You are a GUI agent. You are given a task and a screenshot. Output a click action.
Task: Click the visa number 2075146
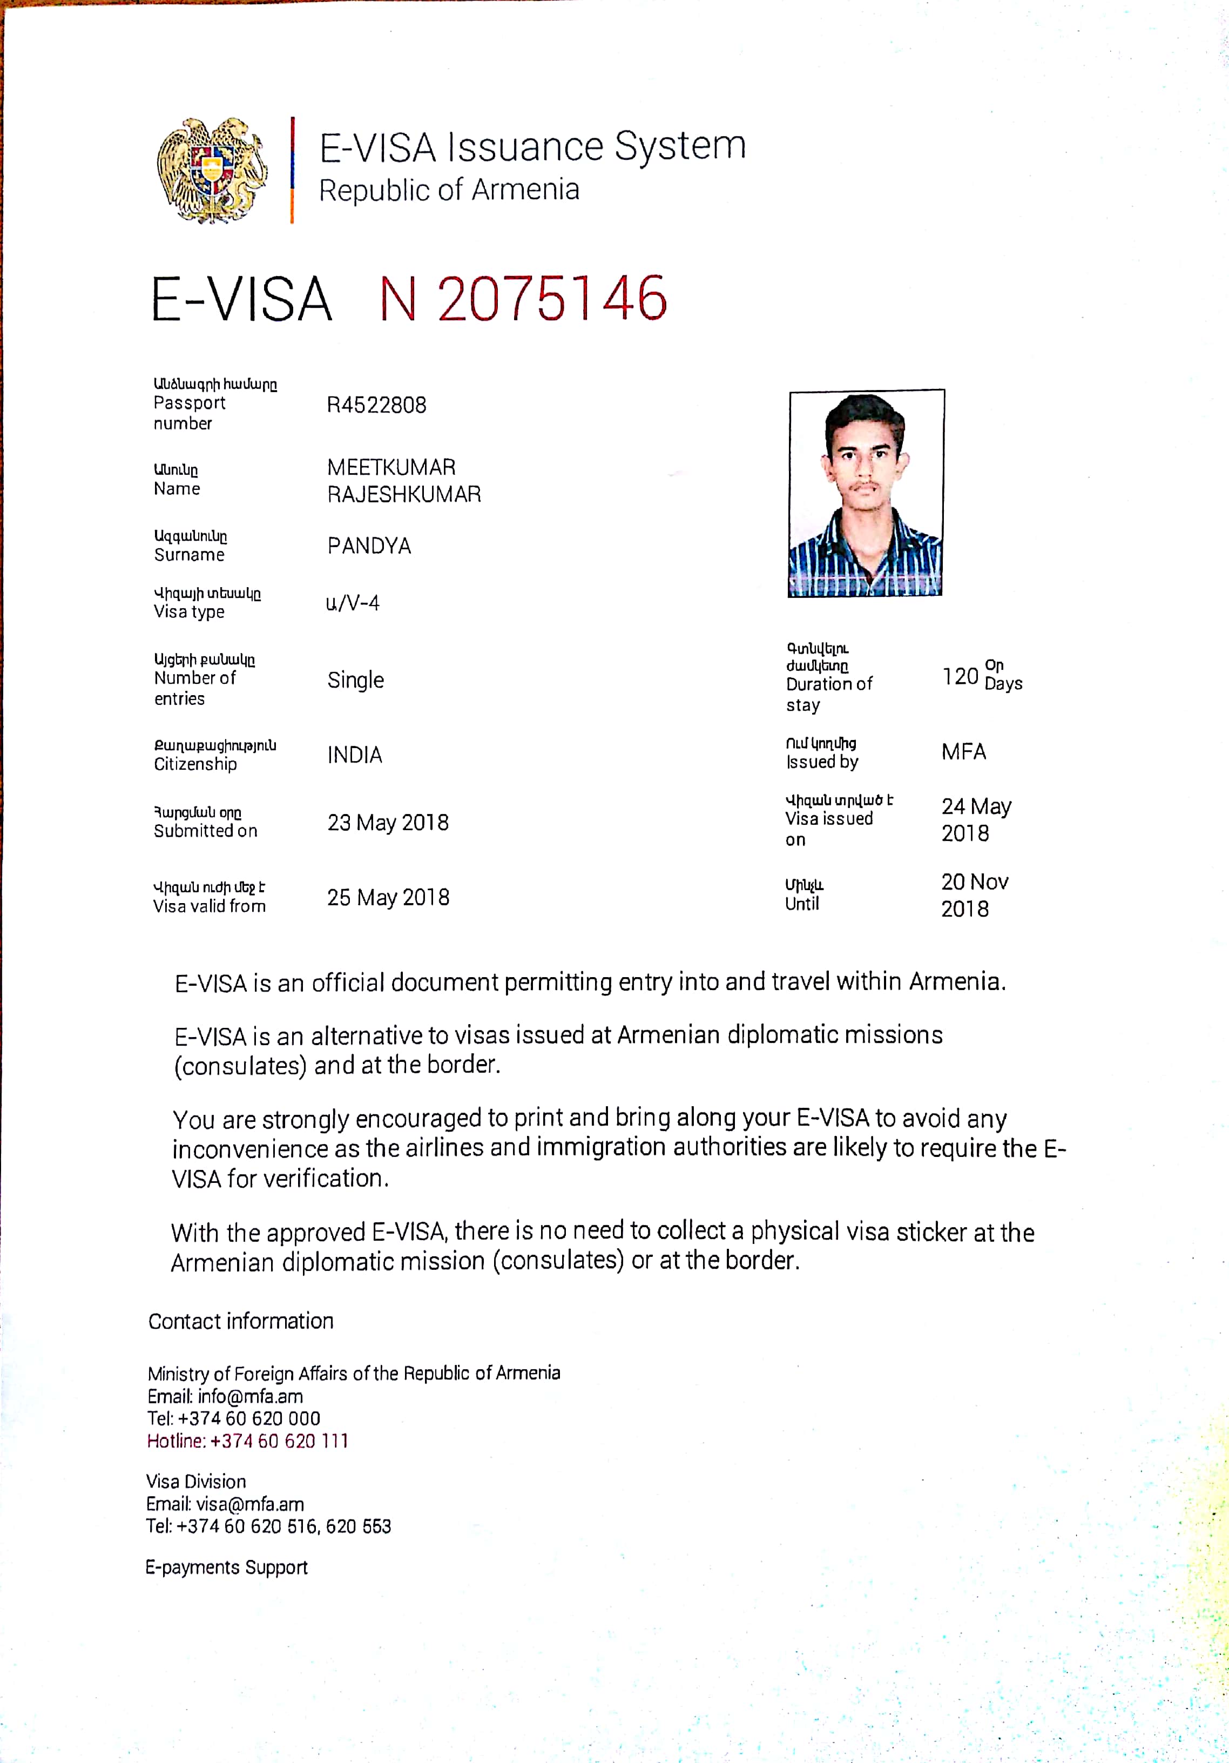coord(551,299)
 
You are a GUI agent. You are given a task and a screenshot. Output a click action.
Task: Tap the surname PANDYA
coord(369,546)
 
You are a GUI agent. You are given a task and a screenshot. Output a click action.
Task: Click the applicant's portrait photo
coord(866,493)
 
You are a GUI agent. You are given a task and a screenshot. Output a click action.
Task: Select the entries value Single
coord(355,681)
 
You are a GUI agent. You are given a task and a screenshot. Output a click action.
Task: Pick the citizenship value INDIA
coord(355,755)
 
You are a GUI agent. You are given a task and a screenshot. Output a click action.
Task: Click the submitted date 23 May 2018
coord(388,823)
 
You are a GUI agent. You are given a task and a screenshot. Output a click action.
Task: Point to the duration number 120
coord(960,676)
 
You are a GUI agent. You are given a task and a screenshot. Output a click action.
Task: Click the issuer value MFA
coord(963,752)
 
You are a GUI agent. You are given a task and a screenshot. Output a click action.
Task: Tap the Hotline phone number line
coord(247,1441)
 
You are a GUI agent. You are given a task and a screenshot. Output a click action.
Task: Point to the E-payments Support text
coord(226,1566)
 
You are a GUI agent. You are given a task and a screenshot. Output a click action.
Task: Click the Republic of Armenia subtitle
coord(449,190)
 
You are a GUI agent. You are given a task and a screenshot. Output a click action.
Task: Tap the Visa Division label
coord(197,1481)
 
